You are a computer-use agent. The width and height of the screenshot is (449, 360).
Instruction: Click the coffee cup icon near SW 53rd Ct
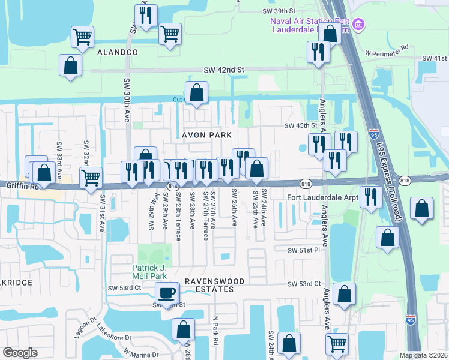coord(167,293)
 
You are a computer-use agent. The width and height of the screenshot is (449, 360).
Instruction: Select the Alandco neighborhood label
coord(118,53)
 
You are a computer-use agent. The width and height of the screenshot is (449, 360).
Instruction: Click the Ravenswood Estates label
coord(214,285)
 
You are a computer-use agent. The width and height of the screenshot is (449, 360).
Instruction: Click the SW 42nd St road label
coord(224,70)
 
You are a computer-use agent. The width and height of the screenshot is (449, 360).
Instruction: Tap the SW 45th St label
coord(300,125)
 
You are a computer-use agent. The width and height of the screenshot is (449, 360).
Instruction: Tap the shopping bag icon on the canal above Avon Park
coord(196,94)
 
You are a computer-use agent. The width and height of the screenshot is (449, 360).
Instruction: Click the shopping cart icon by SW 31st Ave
coord(91,177)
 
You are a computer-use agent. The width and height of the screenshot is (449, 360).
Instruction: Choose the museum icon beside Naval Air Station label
coord(359,25)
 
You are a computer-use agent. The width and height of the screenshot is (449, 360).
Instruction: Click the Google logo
coord(20,353)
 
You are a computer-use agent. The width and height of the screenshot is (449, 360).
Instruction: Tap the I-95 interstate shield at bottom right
coord(411,321)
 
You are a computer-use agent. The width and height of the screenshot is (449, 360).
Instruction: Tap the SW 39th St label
coord(279,11)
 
